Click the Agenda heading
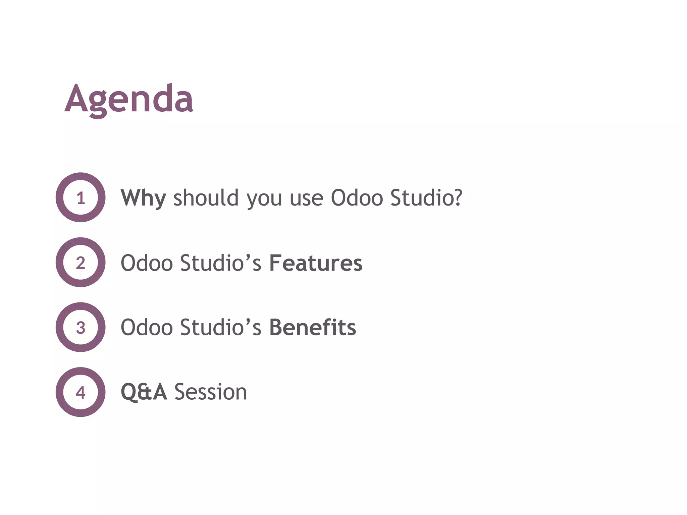coord(129,99)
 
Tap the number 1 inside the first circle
coord(81,198)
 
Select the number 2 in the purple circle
coord(81,263)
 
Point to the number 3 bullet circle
coord(81,328)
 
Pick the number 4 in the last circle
coord(81,392)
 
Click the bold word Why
coord(143,198)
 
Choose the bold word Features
coord(316,263)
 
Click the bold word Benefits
coord(312,328)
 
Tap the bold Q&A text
coord(144,392)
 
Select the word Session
coord(211,392)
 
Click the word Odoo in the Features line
coord(147,263)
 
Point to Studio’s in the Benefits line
coord(220,328)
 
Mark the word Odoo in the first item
coord(357,198)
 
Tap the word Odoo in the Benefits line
coord(147,328)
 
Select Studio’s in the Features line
coord(220,263)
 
